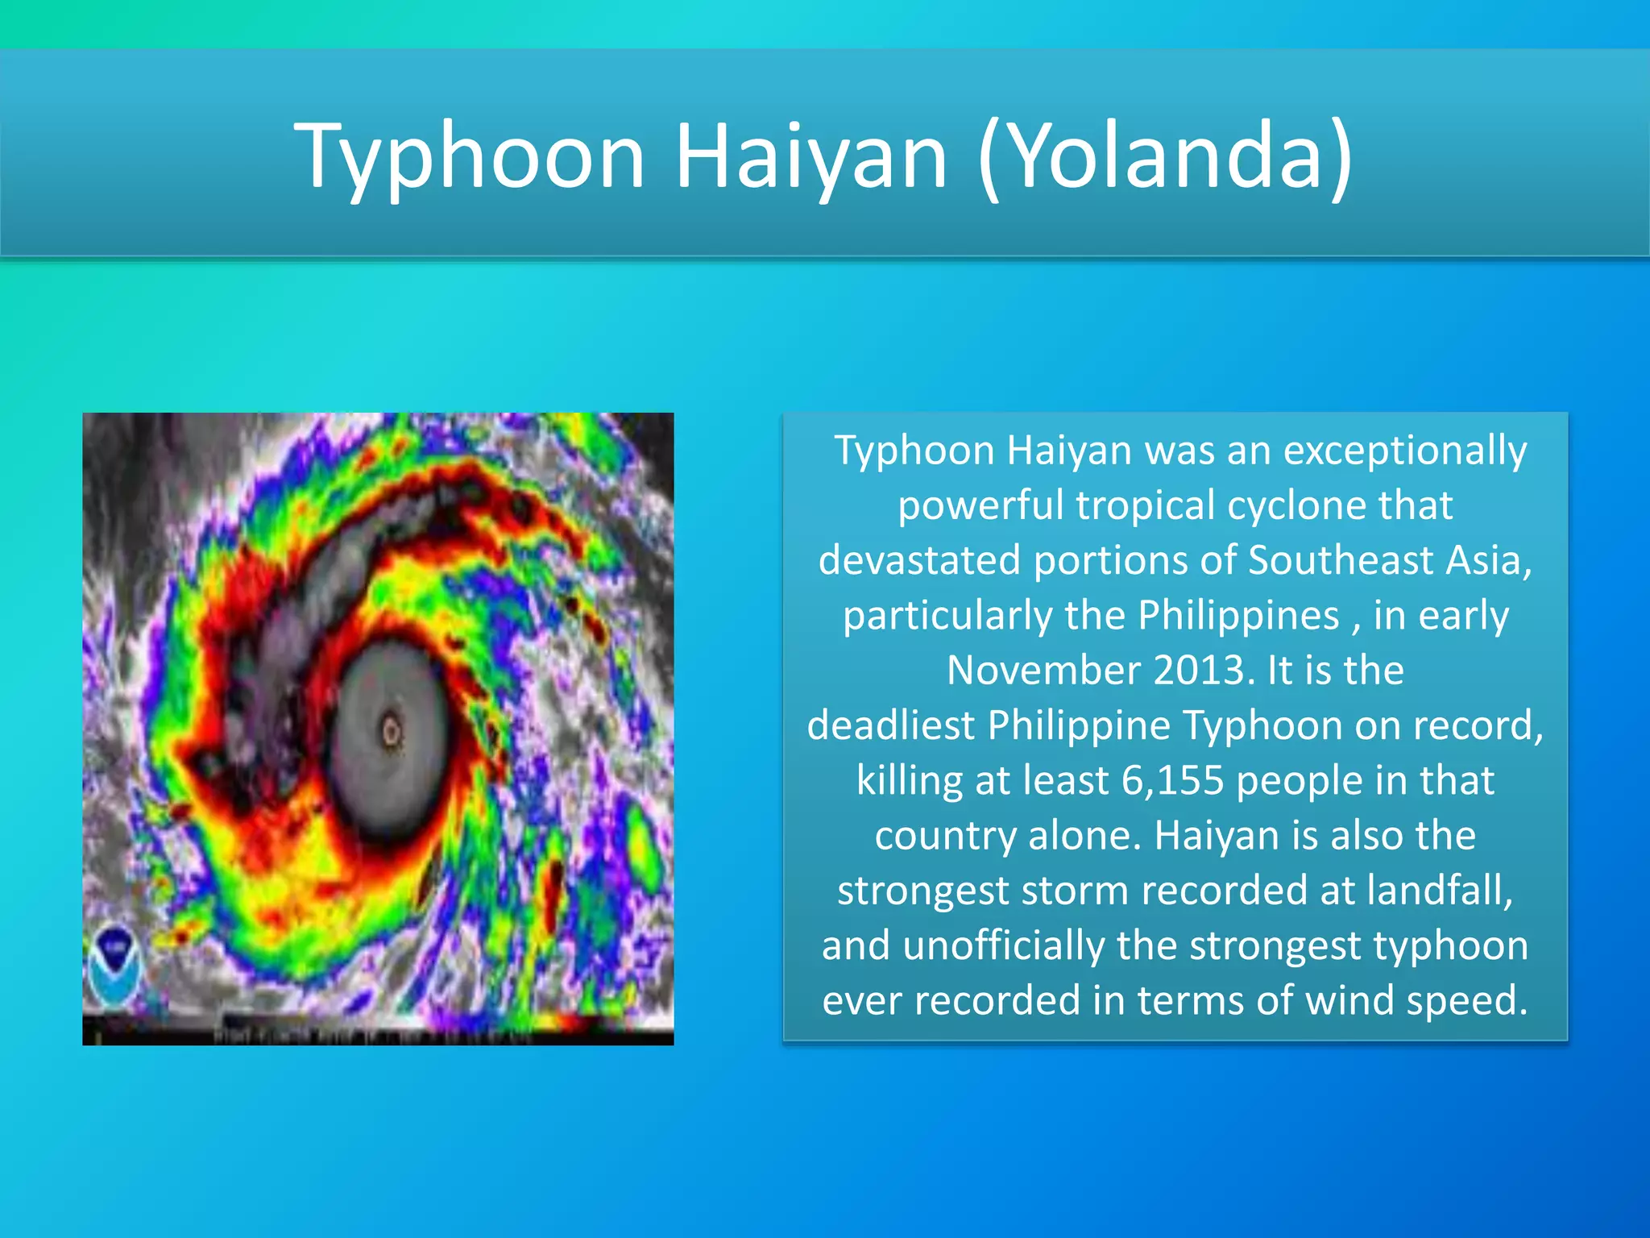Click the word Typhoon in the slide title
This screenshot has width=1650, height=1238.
[470, 156]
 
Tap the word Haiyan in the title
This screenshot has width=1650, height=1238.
[810, 156]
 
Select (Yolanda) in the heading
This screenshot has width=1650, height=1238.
[1165, 156]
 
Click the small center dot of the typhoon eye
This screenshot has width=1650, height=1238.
[392, 733]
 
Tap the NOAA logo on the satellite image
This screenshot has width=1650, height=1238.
[115, 965]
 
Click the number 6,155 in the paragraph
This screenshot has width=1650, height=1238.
[1172, 780]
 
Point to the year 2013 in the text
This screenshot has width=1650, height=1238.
[1204, 670]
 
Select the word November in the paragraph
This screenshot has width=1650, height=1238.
[1043, 670]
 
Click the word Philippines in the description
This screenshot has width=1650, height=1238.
[1238, 616]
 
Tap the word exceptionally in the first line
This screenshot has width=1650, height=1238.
[1405, 450]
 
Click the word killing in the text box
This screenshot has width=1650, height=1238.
[909, 780]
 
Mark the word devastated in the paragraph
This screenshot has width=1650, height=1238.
[919, 560]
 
